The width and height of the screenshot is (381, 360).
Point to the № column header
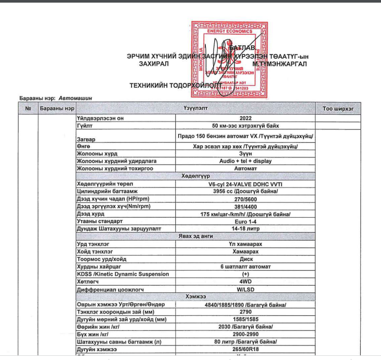pyautogui.click(x=28, y=109)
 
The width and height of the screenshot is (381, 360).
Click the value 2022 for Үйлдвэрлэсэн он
pyautogui.click(x=245, y=118)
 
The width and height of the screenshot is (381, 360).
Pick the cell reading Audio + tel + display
pyautogui.click(x=245, y=161)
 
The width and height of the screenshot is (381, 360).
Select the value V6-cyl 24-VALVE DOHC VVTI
pyautogui.click(x=245, y=184)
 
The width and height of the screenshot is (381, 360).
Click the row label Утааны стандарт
pyautogui.click(x=100, y=221)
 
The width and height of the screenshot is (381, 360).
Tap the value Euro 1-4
pyautogui.click(x=245, y=221)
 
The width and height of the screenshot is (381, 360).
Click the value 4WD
pyautogui.click(x=245, y=281)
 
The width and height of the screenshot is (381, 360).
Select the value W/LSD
pyautogui.click(x=245, y=289)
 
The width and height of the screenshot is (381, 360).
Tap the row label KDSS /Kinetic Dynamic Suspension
pyautogui.click(x=123, y=274)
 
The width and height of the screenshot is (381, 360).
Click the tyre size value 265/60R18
pyautogui.click(x=245, y=350)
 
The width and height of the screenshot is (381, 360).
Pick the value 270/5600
pyautogui.click(x=245, y=199)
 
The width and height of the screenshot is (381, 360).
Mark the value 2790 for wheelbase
pyautogui.click(x=245, y=312)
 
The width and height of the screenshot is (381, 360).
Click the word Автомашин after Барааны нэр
pyautogui.click(x=75, y=98)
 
